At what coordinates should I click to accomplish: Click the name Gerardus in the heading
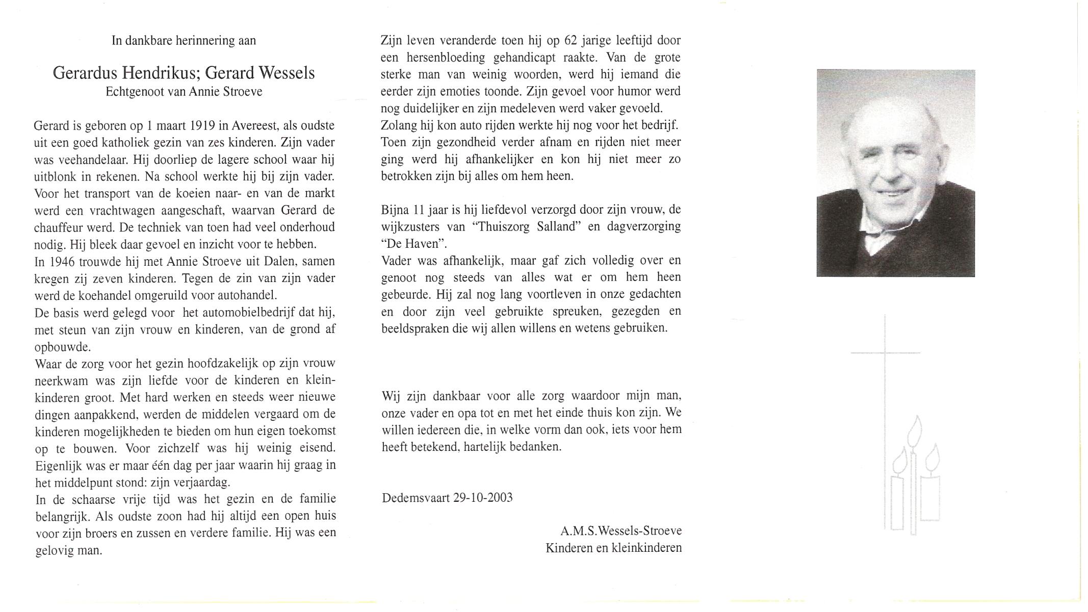click(x=86, y=73)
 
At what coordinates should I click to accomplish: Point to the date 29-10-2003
click(x=482, y=498)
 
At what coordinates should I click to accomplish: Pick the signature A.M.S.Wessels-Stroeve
click(x=620, y=531)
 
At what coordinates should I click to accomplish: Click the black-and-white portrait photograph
click(x=895, y=173)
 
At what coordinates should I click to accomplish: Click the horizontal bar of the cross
click(x=885, y=352)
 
